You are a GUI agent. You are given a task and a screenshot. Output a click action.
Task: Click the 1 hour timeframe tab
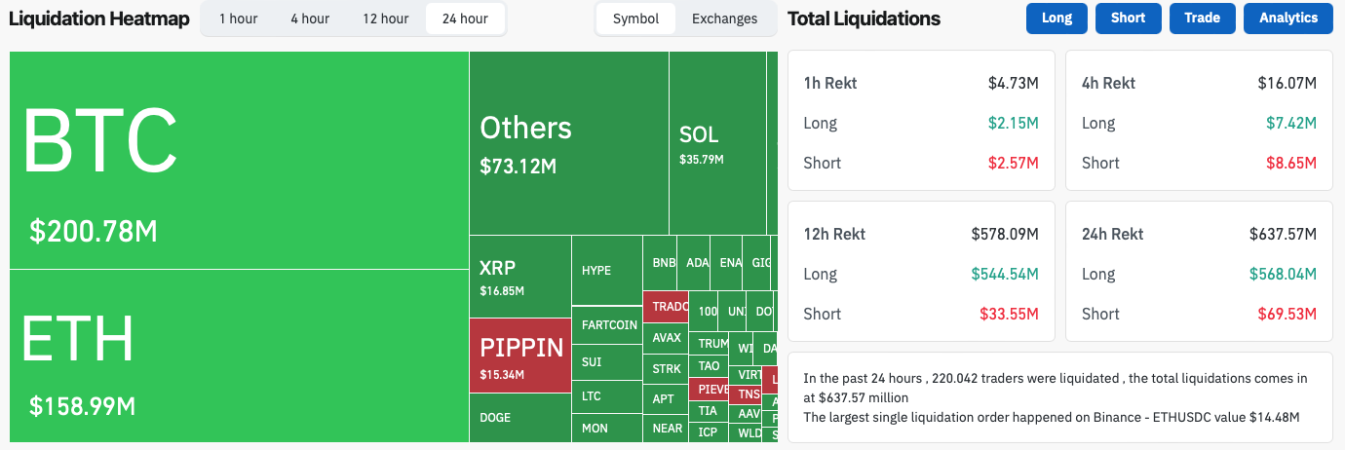coord(238,19)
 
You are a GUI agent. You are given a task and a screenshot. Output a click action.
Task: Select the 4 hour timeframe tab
coord(310,19)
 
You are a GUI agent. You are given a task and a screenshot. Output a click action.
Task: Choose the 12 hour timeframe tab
coord(385,19)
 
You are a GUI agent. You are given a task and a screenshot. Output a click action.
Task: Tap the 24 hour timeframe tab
coord(465,19)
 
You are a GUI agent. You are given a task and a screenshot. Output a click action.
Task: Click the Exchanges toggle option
coord(724,19)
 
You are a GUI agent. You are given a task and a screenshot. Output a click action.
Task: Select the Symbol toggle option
coord(635,19)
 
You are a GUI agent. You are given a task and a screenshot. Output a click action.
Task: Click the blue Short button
coord(1128,19)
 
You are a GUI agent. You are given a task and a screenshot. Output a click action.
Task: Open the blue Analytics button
coord(1287,19)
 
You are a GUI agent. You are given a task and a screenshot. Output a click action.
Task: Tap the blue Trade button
coord(1202,19)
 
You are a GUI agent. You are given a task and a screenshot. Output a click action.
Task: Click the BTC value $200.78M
coord(94,231)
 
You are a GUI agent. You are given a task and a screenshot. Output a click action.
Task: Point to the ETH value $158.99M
coord(83,405)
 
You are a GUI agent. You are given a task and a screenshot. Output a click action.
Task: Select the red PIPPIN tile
coord(520,356)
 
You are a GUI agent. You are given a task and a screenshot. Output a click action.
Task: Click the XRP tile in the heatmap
coord(519,277)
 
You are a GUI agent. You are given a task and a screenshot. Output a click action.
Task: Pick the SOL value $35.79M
coord(702,158)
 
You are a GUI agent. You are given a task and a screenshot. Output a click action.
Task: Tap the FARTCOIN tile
coord(608,324)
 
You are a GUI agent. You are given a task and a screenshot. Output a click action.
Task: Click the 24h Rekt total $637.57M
coord(1283,234)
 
